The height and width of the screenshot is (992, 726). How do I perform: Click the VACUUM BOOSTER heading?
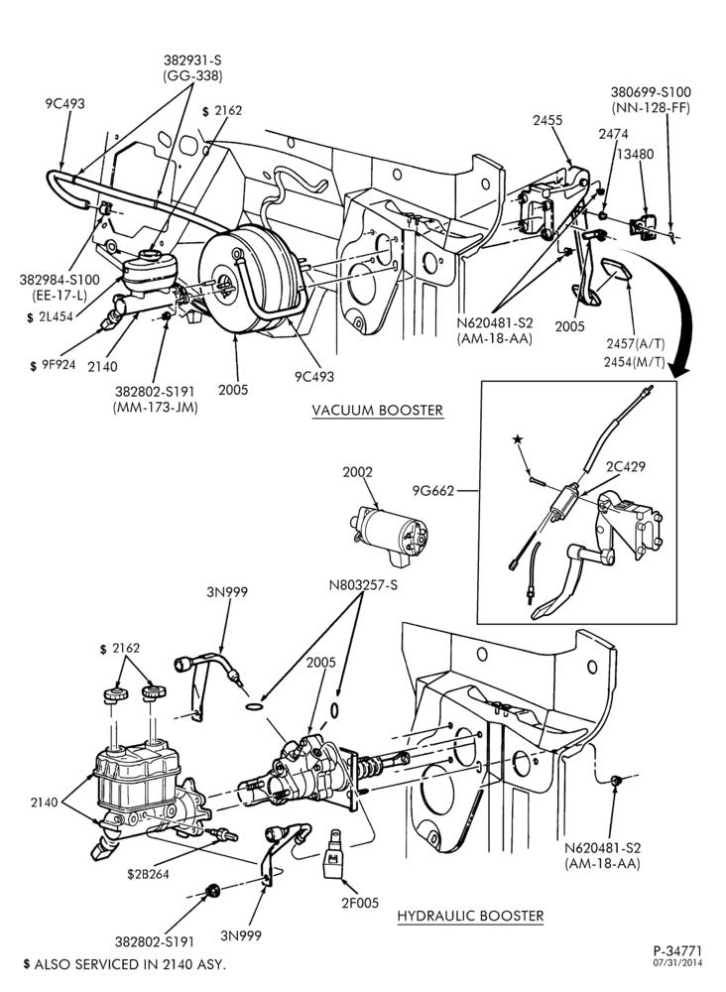378,410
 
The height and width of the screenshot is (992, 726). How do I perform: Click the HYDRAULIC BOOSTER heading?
470,916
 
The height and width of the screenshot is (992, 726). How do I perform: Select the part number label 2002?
358,472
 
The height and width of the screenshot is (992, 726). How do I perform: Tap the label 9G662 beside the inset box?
433,490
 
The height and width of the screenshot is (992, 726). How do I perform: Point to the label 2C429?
626,467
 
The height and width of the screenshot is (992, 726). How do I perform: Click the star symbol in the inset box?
518,439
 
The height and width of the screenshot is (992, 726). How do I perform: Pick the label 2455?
547,120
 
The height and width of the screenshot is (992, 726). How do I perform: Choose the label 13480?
636,154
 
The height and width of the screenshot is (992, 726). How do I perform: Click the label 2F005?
359,904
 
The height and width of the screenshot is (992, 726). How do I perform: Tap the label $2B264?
149,874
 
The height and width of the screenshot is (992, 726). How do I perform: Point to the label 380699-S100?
651,92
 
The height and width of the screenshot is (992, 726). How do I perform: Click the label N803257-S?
363,585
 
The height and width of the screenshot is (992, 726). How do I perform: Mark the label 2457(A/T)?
636,343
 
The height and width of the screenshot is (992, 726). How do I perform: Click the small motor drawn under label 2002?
388,534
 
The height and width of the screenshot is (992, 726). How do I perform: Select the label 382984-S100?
60,281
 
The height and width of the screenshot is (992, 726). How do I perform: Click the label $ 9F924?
53,365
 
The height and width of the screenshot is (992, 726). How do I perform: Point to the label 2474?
614,134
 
